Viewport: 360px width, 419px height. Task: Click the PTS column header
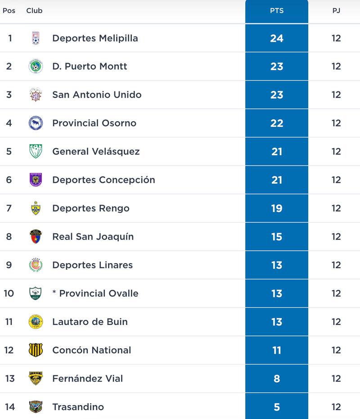(x=277, y=11)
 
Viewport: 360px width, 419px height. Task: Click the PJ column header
(x=336, y=11)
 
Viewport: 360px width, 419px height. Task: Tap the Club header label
(x=34, y=10)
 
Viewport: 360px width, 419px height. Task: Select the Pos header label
(x=9, y=10)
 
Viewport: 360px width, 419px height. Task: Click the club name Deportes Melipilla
(x=95, y=38)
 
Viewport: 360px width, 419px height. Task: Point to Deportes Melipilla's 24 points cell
(x=277, y=38)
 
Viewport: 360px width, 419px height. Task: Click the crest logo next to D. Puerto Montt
(x=36, y=67)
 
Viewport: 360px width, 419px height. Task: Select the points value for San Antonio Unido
(x=277, y=95)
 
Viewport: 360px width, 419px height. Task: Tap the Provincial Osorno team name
(x=94, y=123)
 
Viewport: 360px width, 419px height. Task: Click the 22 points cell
(x=277, y=123)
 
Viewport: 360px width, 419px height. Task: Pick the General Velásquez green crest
(x=36, y=151)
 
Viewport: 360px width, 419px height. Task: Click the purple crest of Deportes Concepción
(x=36, y=180)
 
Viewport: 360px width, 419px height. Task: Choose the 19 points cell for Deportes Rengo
(x=277, y=208)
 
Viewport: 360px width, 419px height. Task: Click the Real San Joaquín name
(x=93, y=237)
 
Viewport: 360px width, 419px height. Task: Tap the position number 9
(x=9, y=265)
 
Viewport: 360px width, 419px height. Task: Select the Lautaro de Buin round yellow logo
(x=36, y=322)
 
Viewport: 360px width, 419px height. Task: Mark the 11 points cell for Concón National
(x=277, y=350)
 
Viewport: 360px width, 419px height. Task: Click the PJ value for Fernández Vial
(x=336, y=378)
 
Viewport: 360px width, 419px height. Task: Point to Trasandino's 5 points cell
(x=277, y=407)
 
